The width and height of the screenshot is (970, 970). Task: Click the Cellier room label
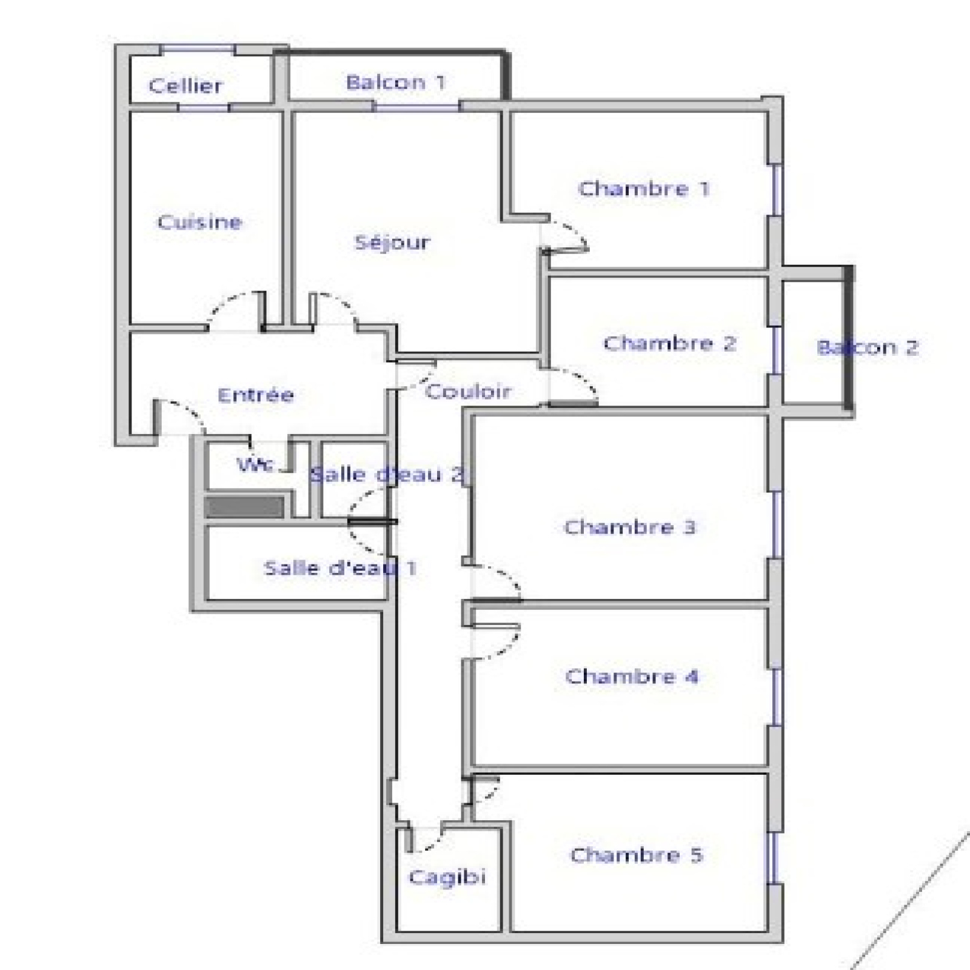click(186, 85)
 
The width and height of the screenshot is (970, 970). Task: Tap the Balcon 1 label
click(396, 82)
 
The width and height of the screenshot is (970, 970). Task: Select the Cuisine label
click(199, 222)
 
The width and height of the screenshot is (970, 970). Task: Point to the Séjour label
click(392, 242)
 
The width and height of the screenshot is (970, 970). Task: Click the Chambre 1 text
click(644, 189)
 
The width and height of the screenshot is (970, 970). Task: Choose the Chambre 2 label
click(669, 343)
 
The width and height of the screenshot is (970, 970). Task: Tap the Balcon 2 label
click(868, 347)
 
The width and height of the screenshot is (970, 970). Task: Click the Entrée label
click(256, 395)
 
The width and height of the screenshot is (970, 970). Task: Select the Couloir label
click(468, 391)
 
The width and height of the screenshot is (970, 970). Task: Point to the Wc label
click(255, 465)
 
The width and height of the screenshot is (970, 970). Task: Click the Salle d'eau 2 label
click(387, 474)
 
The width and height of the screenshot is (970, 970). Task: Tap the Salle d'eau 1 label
click(340, 568)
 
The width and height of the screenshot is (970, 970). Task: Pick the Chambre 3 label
click(630, 527)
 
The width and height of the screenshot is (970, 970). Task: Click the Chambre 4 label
click(632, 676)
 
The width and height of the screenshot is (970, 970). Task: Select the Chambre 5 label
click(637, 855)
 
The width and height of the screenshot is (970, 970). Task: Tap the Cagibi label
click(447, 877)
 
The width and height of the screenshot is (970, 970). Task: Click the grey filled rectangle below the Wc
click(245, 507)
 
